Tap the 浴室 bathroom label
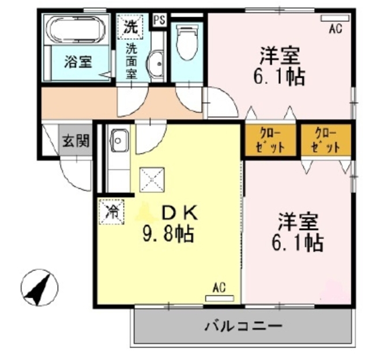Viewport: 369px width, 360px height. [77, 62]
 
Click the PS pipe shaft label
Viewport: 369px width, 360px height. [159, 18]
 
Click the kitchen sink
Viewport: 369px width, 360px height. [119, 139]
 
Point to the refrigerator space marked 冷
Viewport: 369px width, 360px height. [111, 210]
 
